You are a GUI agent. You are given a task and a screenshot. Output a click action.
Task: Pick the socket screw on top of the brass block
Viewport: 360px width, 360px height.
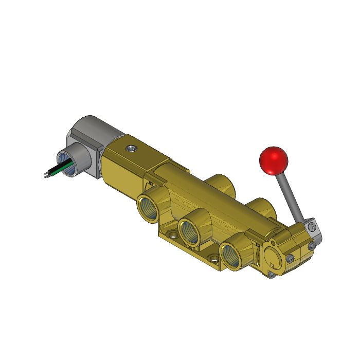coord(132,149)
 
